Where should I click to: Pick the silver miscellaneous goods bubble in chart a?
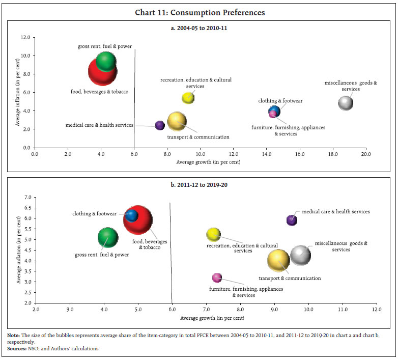pyautogui.click(x=346, y=103)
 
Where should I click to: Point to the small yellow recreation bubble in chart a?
pyautogui.click(x=188, y=98)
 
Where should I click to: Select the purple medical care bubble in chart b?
pyautogui.click(x=292, y=220)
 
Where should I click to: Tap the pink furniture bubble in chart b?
pyautogui.click(x=217, y=278)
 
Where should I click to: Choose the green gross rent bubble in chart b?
pyautogui.click(x=107, y=237)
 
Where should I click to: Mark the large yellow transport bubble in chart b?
pyautogui.click(x=278, y=260)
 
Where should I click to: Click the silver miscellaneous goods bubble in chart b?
pyautogui.click(x=300, y=255)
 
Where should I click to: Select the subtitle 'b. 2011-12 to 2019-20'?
pyautogui.click(x=199, y=184)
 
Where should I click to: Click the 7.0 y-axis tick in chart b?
pyautogui.click(x=27, y=197)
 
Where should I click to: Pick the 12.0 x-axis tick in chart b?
pyautogui.click(x=376, y=309)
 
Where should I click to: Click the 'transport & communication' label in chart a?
pyautogui.click(x=198, y=137)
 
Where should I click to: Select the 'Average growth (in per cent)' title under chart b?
pyautogui.click(x=206, y=318)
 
